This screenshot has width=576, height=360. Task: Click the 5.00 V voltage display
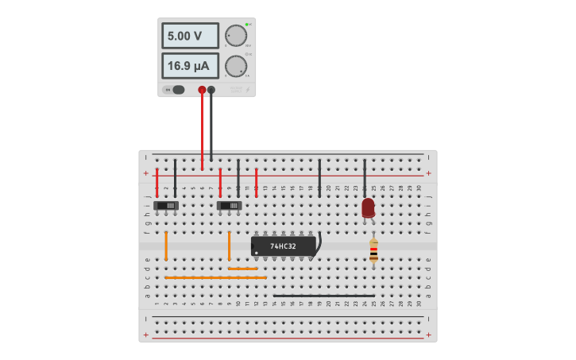point(190,36)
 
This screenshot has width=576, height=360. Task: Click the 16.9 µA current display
point(190,66)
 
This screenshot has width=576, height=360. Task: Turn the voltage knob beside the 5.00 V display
point(235,36)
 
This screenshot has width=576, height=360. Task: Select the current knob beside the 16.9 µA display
point(235,66)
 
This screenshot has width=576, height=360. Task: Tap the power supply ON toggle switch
point(177,90)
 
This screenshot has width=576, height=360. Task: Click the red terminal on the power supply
point(202,90)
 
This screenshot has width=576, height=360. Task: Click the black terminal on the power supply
point(211,90)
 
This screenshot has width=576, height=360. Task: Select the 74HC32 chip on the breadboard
point(283,246)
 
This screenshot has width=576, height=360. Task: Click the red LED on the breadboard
point(368,207)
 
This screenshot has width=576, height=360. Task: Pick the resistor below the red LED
point(373,251)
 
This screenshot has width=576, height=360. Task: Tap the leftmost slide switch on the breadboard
point(166,206)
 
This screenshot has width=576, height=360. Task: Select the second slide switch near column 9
point(229,206)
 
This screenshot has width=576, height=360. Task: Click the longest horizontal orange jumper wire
point(215,277)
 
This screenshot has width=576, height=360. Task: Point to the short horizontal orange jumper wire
point(242,269)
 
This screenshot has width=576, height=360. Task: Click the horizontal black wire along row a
point(323,296)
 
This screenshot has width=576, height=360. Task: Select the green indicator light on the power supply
point(247,25)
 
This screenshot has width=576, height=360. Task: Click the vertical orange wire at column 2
point(166,246)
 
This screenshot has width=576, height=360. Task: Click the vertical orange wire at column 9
point(229,246)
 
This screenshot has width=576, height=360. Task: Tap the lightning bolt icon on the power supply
point(247,90)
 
